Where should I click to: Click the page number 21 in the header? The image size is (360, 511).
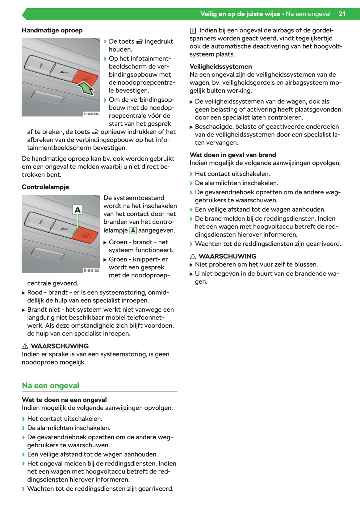click(342, 14)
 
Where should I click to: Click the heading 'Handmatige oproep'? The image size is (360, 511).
click(52, 30)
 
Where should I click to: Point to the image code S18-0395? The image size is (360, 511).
click(91, 114)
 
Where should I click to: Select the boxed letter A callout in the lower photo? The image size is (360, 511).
click(77, 210)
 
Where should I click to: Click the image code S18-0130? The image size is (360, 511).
click(91, 271)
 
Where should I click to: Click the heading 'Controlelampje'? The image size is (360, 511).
click(45, 187)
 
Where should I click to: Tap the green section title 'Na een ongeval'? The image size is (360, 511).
click(51, 386)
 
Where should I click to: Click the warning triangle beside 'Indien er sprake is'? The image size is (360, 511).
click(25, 346)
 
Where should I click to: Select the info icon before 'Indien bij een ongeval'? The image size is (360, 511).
click(193, 31)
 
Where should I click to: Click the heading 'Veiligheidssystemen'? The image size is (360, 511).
click(220, 66)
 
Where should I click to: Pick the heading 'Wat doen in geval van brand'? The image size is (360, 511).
click(232, 155)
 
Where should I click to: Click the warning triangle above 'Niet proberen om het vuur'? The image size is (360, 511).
click(193, 256)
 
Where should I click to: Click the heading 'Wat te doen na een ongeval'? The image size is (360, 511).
click(64, 400)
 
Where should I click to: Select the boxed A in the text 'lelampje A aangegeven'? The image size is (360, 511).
click(133, 230)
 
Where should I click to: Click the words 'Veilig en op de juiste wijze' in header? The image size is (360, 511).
click(240, 14)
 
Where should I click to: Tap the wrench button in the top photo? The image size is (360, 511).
click(65, 72)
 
